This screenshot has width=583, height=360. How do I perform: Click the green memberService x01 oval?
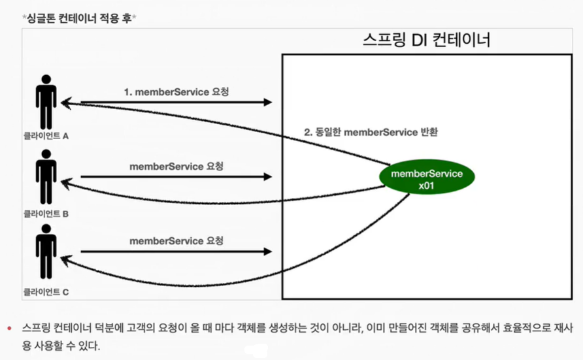(426, 179)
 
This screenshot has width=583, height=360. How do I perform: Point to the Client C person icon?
(45, 251)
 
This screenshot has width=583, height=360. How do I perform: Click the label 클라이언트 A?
(45, 137)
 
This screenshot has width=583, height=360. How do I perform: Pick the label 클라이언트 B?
(45, 213)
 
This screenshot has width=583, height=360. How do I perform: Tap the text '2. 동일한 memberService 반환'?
(371, 131)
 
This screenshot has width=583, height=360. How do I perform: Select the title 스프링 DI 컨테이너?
(426, 41)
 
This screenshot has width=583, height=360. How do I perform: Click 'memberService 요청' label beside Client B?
(176, 167)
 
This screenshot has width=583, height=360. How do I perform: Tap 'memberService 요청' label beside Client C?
(176, 240)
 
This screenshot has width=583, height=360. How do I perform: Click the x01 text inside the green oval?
(426, 186)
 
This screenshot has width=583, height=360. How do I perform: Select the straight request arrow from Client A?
(167, 103)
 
